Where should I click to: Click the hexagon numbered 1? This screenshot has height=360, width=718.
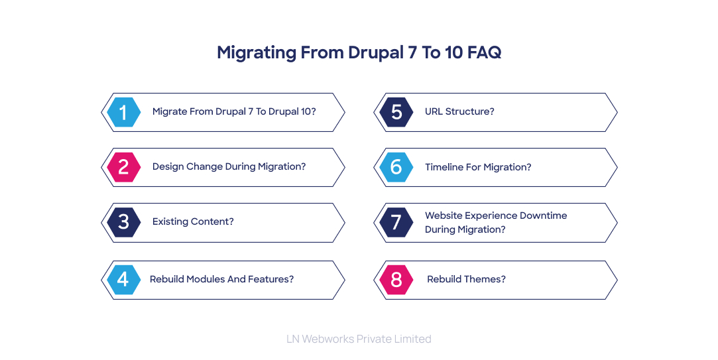tap(123, 112)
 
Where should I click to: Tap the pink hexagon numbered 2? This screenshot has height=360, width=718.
tap(123, 167)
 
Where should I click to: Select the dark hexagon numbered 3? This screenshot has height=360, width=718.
tap(123, 222)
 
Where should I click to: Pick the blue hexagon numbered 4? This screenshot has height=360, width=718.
tap(123, 280)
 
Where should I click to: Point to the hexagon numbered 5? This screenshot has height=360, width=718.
tap(396, 112)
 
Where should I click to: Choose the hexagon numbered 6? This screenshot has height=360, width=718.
tap(396, 167)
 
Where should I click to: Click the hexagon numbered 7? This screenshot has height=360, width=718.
tap(396, 222)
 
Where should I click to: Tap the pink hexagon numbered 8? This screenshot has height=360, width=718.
tap(396, 280)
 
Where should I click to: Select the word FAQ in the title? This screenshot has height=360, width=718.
tap(484, 52)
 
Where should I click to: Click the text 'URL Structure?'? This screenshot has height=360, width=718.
tap(459, 111)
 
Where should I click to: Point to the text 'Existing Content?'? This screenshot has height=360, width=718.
tap(193, 221)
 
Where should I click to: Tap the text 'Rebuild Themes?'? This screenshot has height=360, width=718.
tap(466, 279)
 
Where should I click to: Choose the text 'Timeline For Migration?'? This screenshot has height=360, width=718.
tap(478, 167)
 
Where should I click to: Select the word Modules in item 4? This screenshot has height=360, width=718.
tap(202, 279)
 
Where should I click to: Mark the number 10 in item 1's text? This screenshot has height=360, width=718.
tap(304, 111)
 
